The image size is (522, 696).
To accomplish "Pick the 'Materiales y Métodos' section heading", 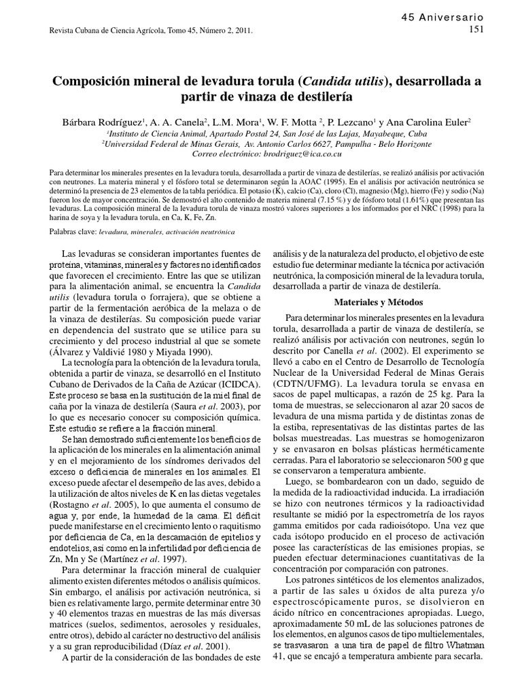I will point(379,302).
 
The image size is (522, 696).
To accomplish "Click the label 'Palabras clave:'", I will point(73,232).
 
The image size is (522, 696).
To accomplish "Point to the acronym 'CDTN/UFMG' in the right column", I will point(304,388).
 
